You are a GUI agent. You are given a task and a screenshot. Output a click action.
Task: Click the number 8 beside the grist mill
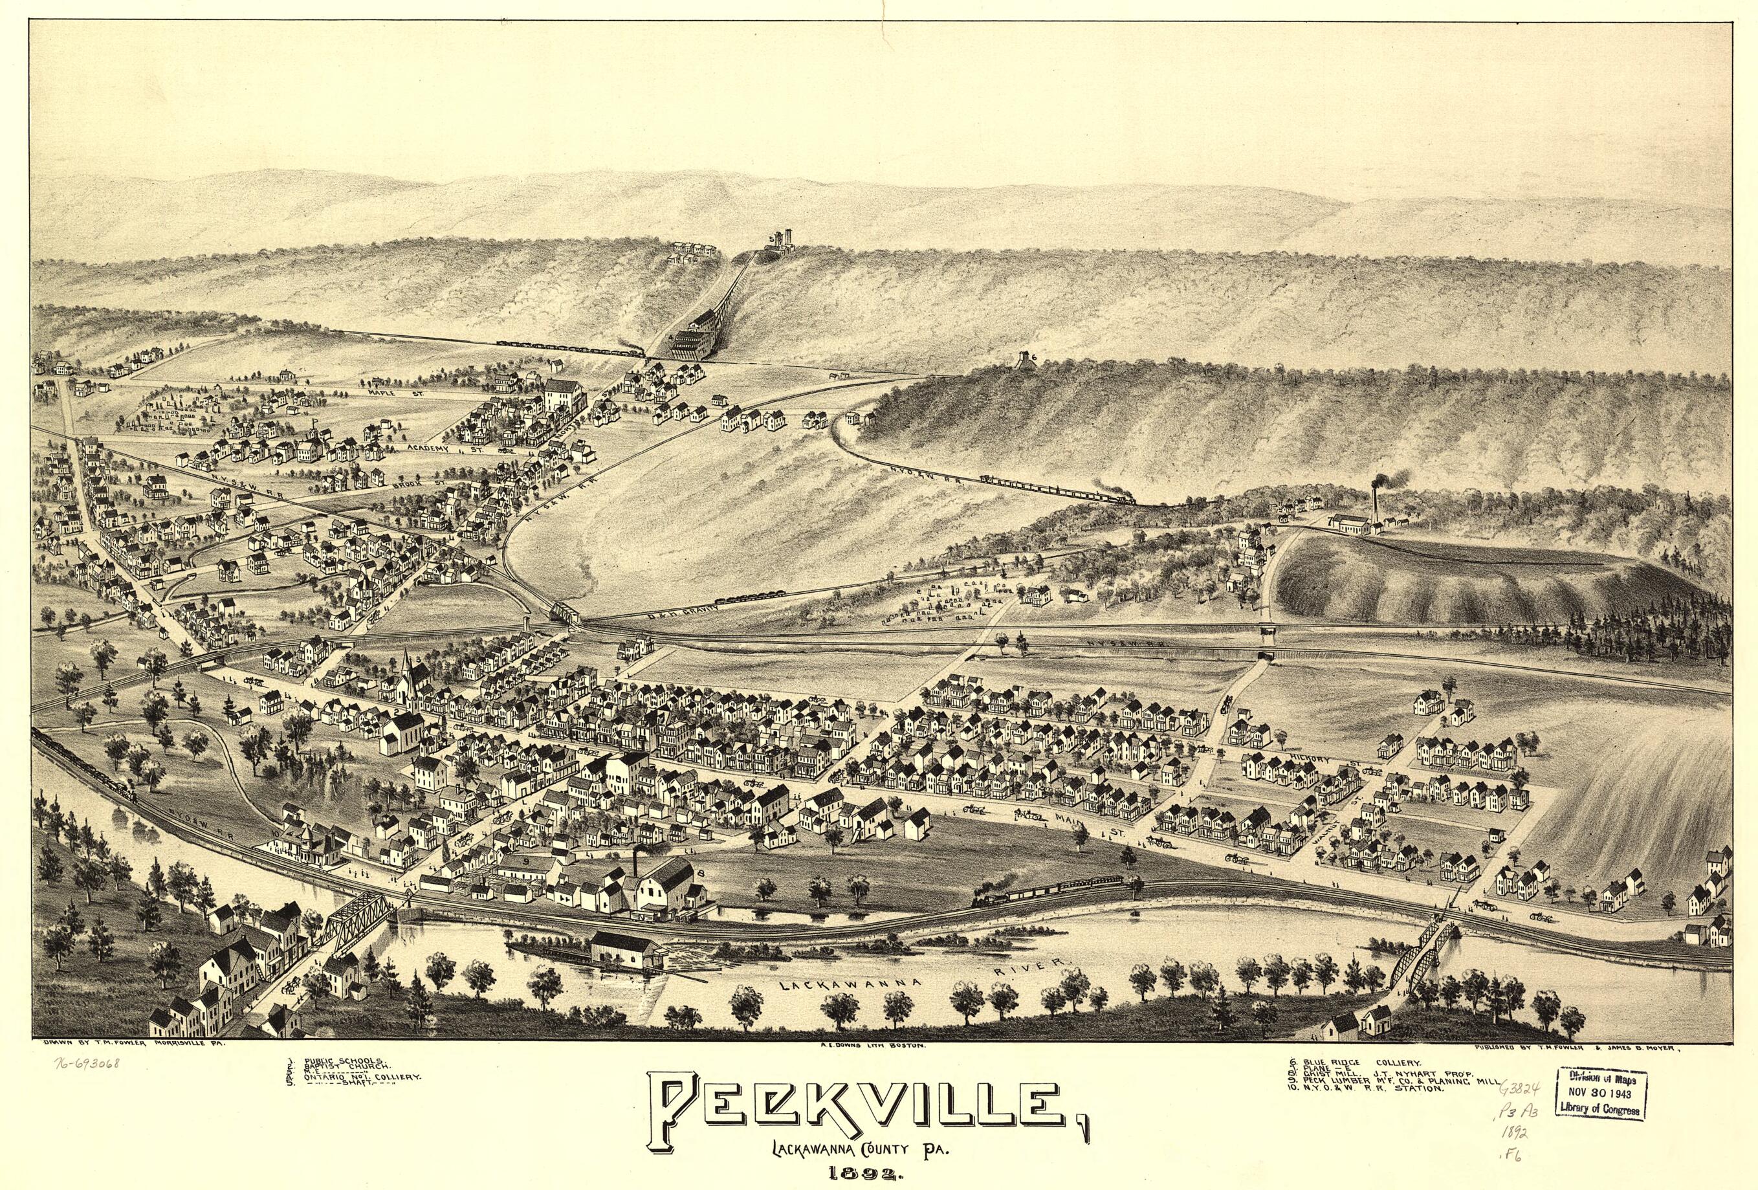702,876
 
